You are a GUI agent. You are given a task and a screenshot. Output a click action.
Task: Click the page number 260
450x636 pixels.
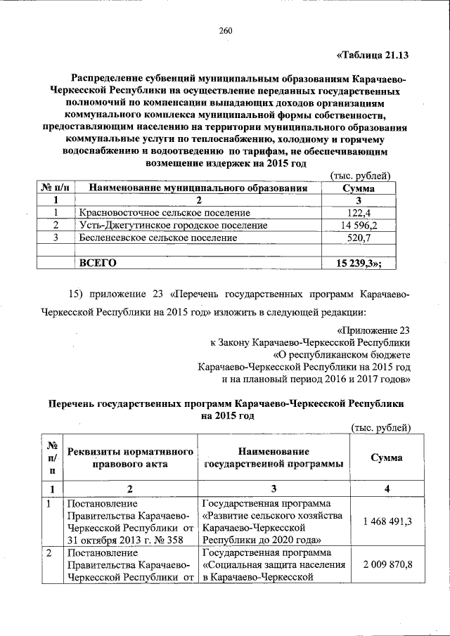[x=225, y=30]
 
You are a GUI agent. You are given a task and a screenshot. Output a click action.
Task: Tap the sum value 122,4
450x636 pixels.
[x=358, y=213]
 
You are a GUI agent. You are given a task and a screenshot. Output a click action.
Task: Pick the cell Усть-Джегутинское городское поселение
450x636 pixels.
[x=173, y=226]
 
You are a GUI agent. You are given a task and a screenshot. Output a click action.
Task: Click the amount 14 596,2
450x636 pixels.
[x=358, y=226]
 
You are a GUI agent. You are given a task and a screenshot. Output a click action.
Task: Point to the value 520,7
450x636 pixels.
[x=358, y=238]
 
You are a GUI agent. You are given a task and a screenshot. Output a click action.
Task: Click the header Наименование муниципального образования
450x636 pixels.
[x=198, y=188]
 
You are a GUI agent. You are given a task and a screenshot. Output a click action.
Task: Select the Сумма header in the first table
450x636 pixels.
[x=358, y=188]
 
